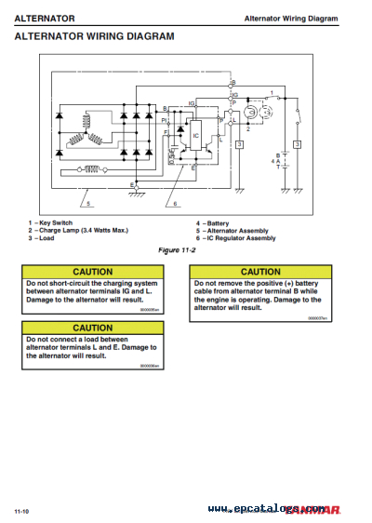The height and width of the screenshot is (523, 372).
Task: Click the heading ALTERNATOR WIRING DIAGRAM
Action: [x=94, y=36]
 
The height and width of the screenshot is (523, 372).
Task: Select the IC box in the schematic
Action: [x=195, y=136]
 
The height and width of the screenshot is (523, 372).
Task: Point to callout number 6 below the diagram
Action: [x=174, y=203]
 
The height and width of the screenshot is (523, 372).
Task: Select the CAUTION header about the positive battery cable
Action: [x=259, y=272]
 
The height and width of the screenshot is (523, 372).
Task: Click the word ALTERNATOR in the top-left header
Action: [x=44, y=18]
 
